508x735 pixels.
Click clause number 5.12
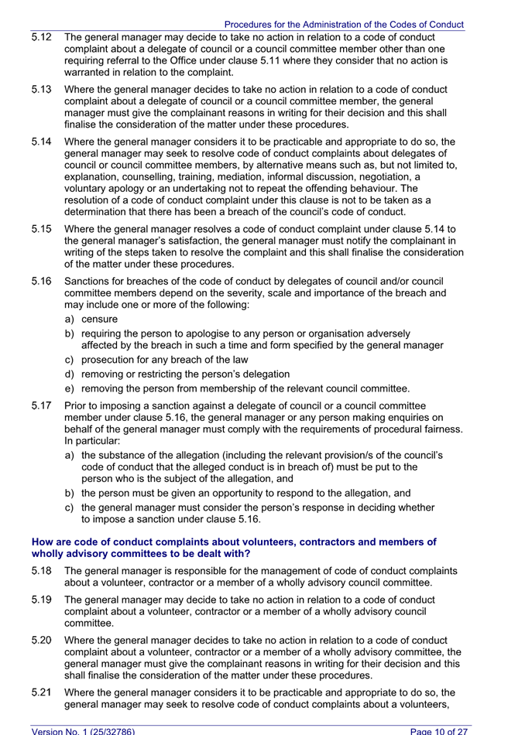tap(42, 36)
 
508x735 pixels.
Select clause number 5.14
tap(42, 142)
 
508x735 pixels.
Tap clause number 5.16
tap(42, 282)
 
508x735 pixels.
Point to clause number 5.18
tap(42, 571)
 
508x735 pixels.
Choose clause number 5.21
tap(42, 692)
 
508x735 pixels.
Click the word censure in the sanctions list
tap(100, 319)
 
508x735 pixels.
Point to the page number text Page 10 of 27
tap(440, 730)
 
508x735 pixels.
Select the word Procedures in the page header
tap(251, 25)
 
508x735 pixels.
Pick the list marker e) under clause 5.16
tap(70, 388)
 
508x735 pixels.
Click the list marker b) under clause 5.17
tap(70, 493)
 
